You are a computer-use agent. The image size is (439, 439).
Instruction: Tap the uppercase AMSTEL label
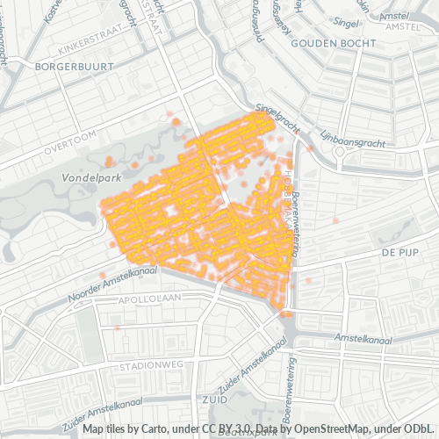pos(405,27)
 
